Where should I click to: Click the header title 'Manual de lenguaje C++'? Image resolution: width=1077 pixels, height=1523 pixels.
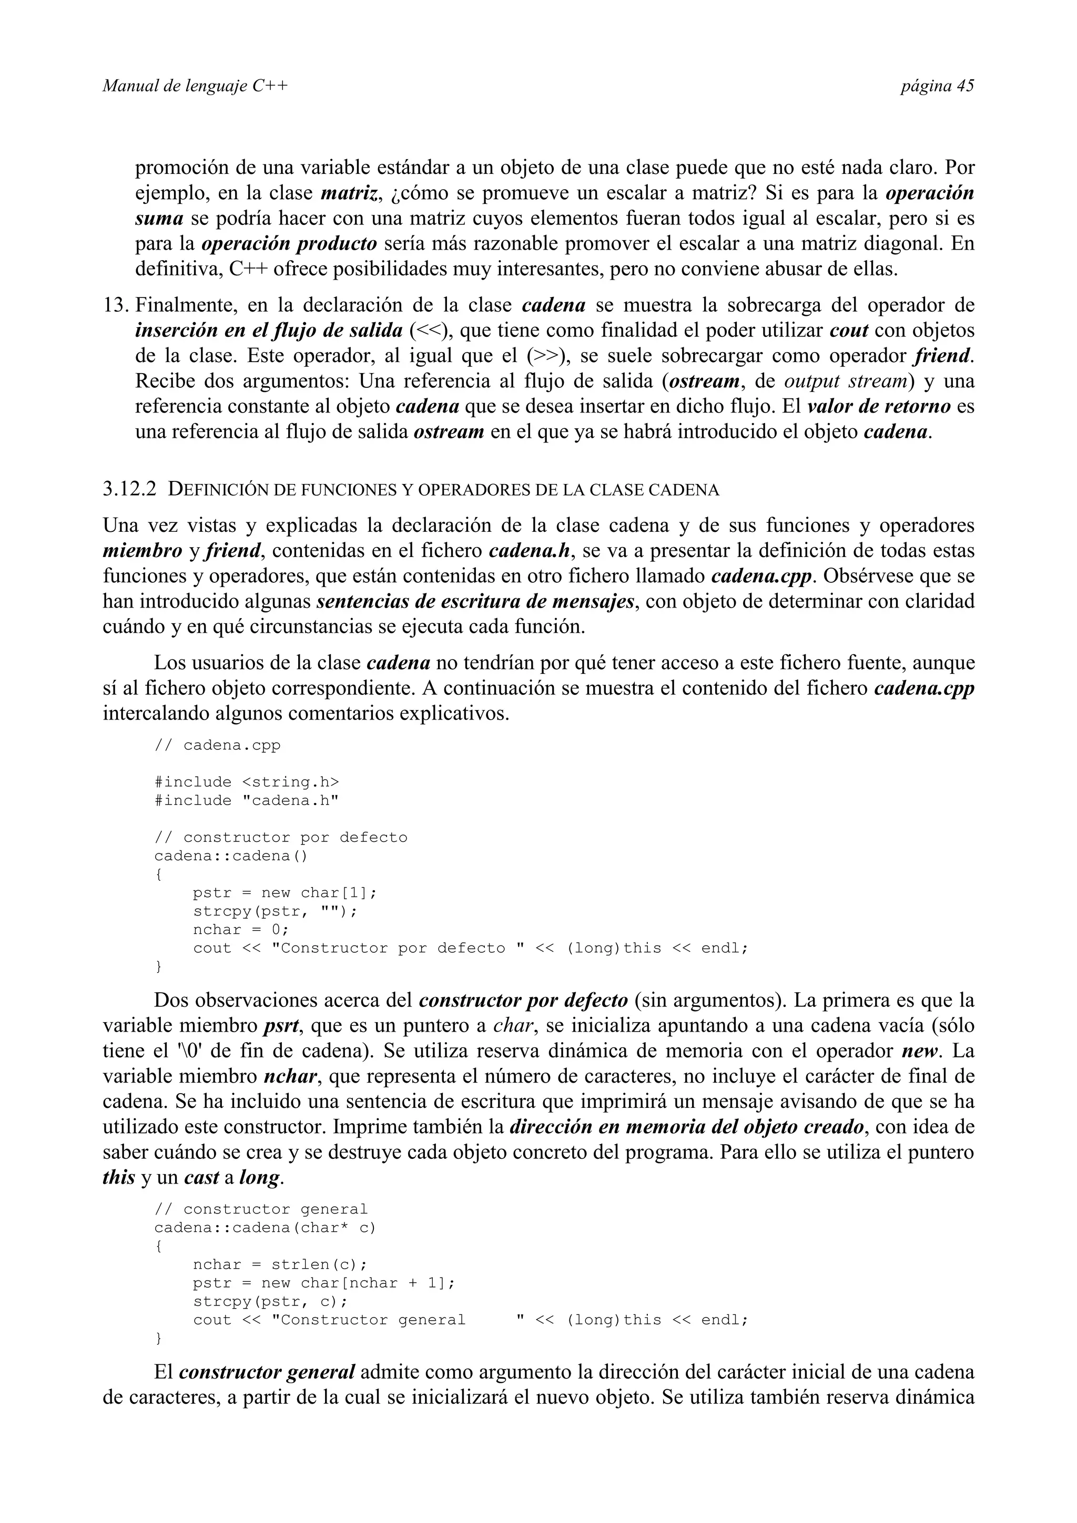[195, 86]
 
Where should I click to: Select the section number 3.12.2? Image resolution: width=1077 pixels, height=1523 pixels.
[130, 490]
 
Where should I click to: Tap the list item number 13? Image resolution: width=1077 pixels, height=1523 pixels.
[116, 305]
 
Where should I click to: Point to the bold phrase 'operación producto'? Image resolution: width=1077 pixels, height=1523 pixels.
[289, 243]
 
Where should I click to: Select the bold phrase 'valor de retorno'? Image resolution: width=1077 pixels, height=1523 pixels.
[879, 406]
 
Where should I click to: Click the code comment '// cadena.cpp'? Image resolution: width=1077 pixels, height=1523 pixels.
[218, 745]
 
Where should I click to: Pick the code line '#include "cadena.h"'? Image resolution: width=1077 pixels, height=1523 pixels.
[247, 800]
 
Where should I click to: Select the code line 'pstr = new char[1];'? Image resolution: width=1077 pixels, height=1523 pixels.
[285, 893]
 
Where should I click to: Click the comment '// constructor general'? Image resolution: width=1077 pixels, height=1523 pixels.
[261, 1209]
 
